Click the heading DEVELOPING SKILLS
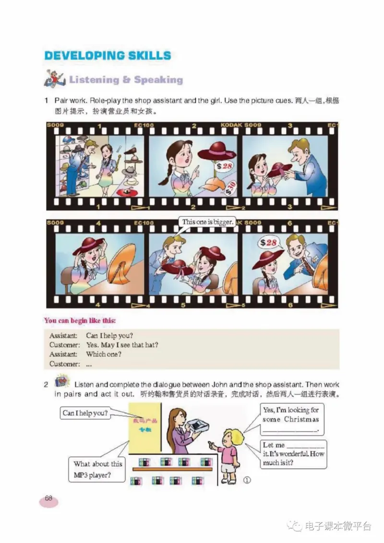108,55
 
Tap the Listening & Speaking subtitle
126,80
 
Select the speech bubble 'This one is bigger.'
208,222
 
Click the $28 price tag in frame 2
223,166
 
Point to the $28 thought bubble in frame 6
269,243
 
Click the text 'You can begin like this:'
80,320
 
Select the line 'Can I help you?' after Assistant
109,335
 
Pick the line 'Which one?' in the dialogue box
104,354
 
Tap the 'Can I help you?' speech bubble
85,413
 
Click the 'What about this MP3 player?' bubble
98,468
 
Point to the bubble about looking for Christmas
290,419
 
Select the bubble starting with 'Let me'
293,454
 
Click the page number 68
48,498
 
